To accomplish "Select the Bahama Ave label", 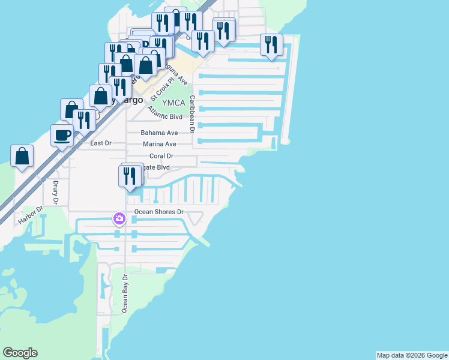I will [x=159, y=133].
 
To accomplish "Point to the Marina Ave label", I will [x=159, y=144].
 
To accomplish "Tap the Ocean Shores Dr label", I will [x=158, y=212].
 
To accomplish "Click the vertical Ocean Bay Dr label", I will [x=125, y=293].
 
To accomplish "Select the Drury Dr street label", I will [x=55, y=193].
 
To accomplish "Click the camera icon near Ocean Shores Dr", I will [x=119, y=218].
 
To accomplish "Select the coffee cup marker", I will [x=62, y=134].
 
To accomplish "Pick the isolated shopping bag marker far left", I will [x=22, y=156].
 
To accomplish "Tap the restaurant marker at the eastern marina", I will [x=271, y=45].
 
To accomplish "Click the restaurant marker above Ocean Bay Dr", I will [x=130, y=175].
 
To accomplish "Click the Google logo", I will [x=20, y=353].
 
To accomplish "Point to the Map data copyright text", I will [x=412, y=355].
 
